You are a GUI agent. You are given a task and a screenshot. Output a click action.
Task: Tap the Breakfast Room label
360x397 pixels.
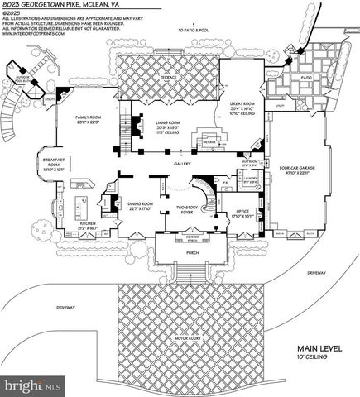(x=54, y=165)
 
